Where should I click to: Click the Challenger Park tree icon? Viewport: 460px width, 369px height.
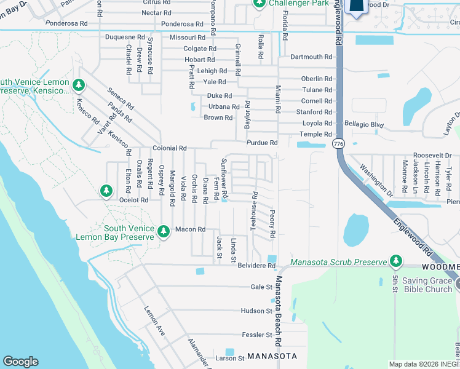click(x=258, y=4)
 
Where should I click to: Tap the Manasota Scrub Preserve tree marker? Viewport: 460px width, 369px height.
click(x=395, y=262)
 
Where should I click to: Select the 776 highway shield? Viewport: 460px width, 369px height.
click(x=337, y=143)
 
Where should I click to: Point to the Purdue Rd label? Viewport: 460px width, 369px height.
click(x=262, y=143)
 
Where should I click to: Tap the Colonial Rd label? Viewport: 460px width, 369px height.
click(x=170, y=148)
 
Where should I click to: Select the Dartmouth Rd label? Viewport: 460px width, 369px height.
click(x=311, y=57)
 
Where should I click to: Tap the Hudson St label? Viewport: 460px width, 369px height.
click(x=256, y=311)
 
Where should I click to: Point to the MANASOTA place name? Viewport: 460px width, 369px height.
click(x=272, y=357)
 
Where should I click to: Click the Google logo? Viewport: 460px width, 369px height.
click(x=21, y=362)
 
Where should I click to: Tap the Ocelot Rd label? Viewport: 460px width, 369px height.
click(x=134, y=200)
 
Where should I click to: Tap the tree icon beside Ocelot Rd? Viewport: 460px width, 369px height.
click(x=106, y=191)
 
